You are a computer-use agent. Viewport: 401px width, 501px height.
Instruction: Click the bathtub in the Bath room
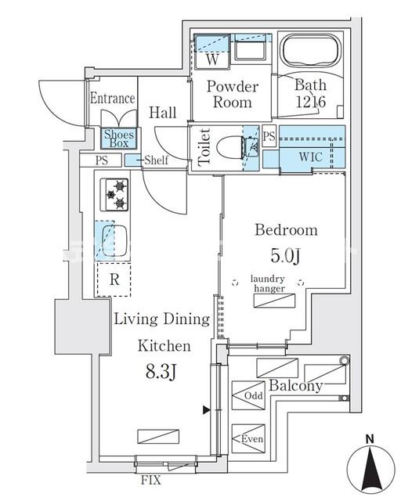[309, 51]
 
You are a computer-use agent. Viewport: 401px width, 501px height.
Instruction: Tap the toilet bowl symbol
[231, 148]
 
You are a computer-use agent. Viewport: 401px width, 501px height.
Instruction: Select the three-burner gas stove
[114, 195]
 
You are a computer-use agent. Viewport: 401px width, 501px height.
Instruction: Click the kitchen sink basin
[114, 241]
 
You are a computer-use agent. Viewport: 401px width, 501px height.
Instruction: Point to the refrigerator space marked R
[114, 279]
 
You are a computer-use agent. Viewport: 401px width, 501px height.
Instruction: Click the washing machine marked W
[212, 52]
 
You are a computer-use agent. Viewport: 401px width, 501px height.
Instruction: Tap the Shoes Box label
[119, 139]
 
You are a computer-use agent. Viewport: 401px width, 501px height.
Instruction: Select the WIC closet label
[310, 157]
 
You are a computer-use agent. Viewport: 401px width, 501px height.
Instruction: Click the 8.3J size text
[161, 372]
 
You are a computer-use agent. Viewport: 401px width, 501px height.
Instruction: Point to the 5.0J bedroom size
[286, 256]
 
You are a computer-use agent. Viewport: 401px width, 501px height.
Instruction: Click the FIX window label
[151, 480]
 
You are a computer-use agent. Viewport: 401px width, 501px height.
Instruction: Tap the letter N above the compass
[370, 439]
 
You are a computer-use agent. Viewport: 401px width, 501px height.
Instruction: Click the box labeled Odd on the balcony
[248, 395]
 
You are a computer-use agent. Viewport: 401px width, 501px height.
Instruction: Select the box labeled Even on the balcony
[248, 438]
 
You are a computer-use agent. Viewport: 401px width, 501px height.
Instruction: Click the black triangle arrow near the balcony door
[207, 410]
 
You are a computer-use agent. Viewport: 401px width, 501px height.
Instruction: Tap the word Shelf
[156, 160]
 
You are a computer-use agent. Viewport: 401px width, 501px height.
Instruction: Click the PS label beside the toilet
[269, 136]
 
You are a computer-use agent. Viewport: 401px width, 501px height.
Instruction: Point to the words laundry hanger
[268, 283]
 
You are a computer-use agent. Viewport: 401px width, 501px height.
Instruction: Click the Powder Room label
[233, 95]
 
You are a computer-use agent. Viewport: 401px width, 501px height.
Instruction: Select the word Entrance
[112, 98]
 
